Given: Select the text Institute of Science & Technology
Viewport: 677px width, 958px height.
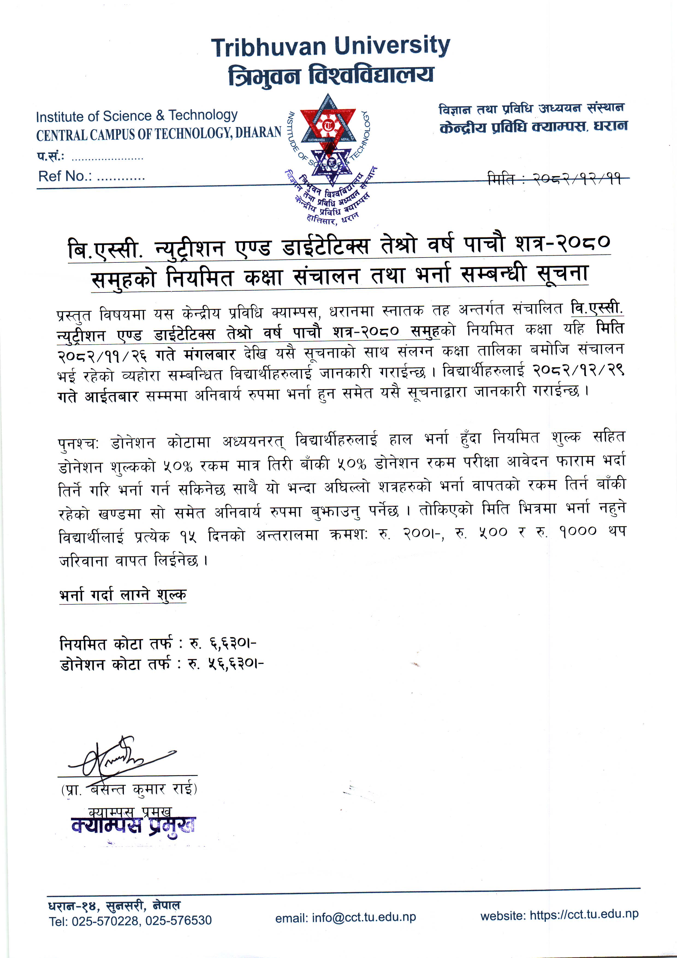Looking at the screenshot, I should click(x=136, y=116).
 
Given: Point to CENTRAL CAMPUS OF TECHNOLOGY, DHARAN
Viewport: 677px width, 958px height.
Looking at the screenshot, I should click(x=159, y=134).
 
